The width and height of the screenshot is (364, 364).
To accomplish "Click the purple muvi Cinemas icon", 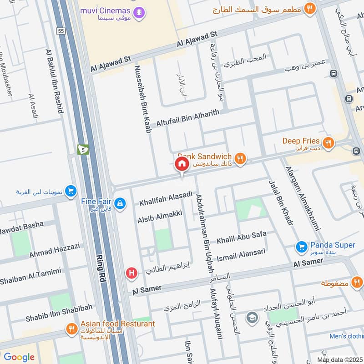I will (x=140, y=11).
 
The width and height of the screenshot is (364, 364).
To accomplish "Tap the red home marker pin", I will (x=182, y=164).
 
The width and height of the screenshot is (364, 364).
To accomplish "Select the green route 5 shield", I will (x=83, y=149).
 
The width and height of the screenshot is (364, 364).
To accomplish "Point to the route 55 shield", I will (x=61, y=31).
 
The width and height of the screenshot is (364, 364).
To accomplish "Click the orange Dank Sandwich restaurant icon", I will (x=241, y=157).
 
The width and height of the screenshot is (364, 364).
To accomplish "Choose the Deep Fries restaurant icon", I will (x=328, y=143).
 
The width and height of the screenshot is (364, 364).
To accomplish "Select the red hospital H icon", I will (x=131, y=273).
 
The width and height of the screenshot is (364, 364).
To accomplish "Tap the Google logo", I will (x=19, y=357).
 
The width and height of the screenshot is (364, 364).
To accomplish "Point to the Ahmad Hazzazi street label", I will (x=55, y=250).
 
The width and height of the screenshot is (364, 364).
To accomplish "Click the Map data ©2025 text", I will (x=339, y=359).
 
